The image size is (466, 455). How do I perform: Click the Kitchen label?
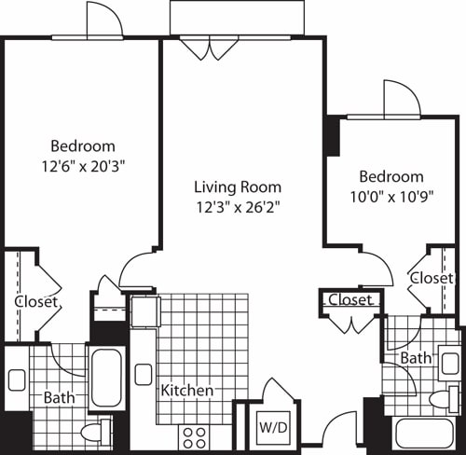point(186,390)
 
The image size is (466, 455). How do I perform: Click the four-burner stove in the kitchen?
point(193,436)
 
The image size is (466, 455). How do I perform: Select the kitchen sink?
point(144,374)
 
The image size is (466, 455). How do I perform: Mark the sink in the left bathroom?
point(17,379)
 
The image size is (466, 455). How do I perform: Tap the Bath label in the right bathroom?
point(416,358)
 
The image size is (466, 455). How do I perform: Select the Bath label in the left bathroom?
point(60,397)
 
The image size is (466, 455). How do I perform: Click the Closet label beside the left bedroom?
point(37,302)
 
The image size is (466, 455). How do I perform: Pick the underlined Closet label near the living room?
point(350,300)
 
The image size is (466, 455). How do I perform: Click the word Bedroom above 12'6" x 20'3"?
point(82,146)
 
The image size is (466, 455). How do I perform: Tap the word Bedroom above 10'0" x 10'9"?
point(391,177)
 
